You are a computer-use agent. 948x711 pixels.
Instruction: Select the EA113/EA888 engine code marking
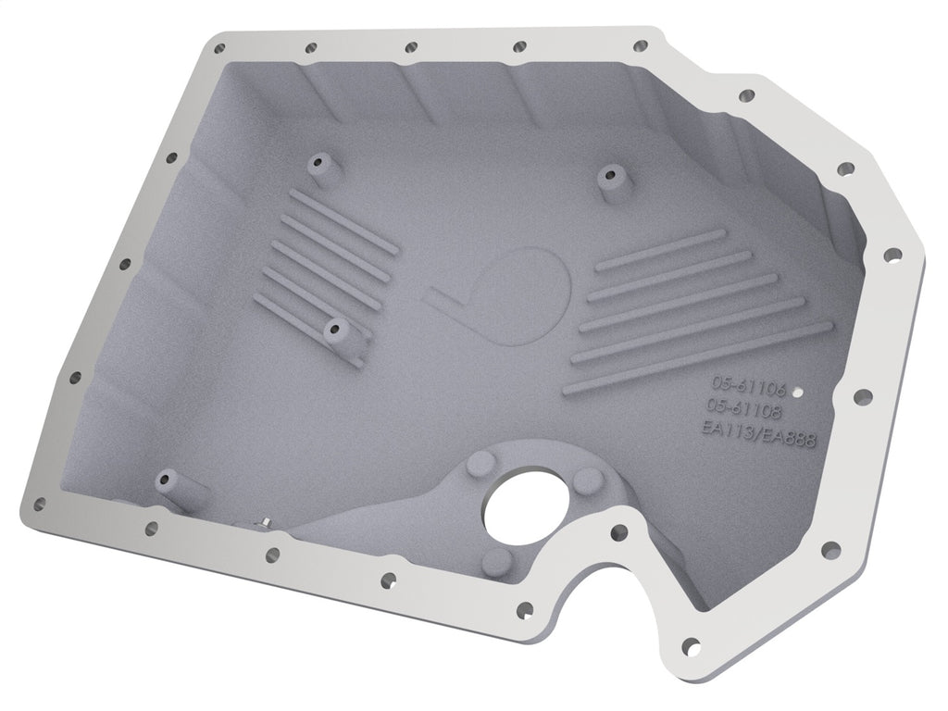point(759,433)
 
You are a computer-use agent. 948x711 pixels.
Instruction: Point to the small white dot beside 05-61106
point(801,393)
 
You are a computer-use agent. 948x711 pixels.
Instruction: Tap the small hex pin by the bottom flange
point(266,524)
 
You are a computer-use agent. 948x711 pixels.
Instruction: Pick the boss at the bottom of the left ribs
point(337,331)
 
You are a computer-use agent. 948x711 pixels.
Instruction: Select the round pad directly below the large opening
point(495,558)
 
